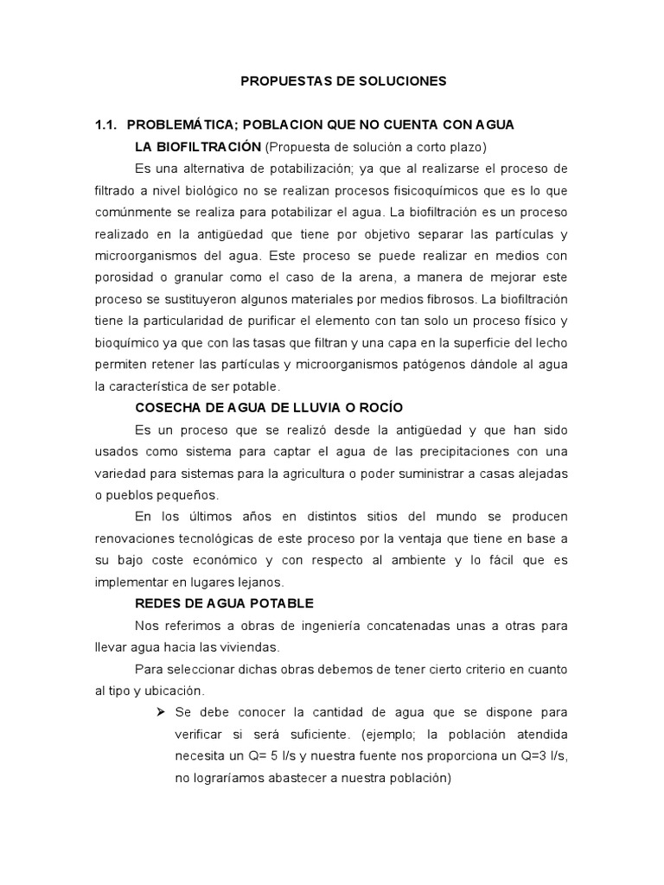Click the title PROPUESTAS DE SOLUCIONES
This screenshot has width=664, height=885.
[343, 81]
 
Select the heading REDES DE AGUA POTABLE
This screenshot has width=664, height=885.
[224, 602]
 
